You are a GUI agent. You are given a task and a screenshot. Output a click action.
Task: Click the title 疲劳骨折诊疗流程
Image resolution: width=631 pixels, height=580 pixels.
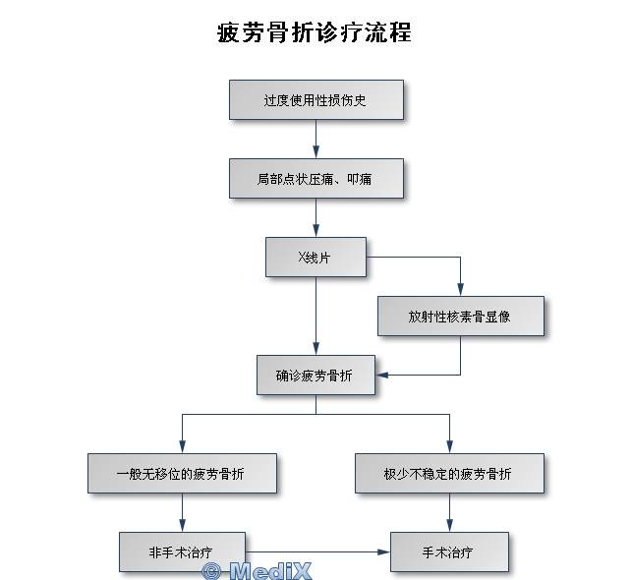pyautogui.click(x=315, y=32)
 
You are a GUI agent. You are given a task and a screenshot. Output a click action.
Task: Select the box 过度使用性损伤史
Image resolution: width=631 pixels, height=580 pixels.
pyautogui.click(x=315, y=100)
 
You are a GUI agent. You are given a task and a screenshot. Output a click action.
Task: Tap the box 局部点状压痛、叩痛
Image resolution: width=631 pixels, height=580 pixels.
pyautogui.click(x=315, y=179)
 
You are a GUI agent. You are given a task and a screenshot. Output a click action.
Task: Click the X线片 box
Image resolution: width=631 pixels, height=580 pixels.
pyautogui.click(x=315, y=257)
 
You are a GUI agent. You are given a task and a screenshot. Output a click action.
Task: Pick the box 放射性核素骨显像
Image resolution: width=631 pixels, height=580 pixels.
pyautogui.click(x=460, y=316)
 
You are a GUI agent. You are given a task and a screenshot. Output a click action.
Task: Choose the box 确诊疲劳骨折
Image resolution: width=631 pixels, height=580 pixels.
pyautogui.click(x=315, y=375)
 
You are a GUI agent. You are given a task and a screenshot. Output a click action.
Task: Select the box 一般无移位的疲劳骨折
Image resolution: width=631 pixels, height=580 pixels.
pyautogui.click(x=182, y=473)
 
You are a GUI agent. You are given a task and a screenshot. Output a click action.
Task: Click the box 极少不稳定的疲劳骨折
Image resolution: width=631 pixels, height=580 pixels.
pyautogui.click(x=449, y=473)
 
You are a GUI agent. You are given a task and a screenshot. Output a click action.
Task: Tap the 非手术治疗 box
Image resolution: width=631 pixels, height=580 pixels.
pyautogui.click(x=182, y=551)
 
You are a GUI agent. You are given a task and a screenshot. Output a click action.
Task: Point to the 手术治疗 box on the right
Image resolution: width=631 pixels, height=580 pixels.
pyautogui.click(x=449, y=551)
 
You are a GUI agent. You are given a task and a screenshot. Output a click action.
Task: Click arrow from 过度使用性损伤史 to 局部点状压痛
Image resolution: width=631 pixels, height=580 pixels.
pyautogui.click(x=315, y=139)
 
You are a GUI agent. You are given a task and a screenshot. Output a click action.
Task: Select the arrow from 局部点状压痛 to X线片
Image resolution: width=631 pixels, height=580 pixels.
pyautogui.click(x=315, y=217)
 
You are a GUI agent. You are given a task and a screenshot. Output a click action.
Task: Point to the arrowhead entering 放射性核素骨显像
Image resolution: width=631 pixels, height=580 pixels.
pyautogui.click(x=460, y=291)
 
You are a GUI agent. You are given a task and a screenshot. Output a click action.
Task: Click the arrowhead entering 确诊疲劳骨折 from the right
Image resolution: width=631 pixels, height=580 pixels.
pyautogui.click(x=382, y=375)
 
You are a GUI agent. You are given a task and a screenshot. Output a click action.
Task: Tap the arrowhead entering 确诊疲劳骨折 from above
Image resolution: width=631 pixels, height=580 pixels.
pyautogui.click(x=315, y=349)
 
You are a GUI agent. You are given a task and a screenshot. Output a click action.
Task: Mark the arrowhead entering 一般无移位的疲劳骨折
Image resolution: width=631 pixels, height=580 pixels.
pyautogui.click(x=182, y=447)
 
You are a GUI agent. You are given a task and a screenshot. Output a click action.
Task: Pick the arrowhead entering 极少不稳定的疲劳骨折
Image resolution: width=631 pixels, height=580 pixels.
pyautogui.click(x=449, y=447)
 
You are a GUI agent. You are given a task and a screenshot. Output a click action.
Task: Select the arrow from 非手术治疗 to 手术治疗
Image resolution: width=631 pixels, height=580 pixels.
pyautogui.click(x=315, y=551)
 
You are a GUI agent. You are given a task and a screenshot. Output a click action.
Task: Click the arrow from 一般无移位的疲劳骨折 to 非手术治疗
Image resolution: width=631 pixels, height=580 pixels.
pyautogui.click(x=182, y=512)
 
